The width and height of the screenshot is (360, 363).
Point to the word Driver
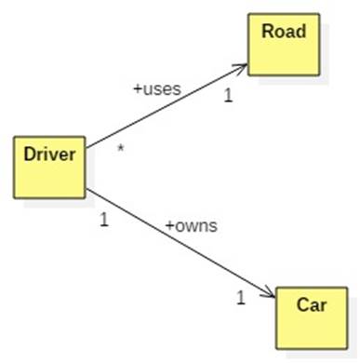[x=48, y=154]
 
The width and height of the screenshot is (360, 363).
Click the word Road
[x=284, y=32]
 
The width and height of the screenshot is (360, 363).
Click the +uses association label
[x=156, y=90]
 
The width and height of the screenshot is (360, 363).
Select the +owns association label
[x=191, y=226]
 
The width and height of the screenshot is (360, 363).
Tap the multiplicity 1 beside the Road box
[x=228, y=94]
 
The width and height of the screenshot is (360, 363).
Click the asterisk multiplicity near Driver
[x=120, y=148]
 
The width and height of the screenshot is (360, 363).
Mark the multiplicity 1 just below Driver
[x=103, y=221]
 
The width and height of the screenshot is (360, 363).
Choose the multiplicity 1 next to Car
[x=240, y=298]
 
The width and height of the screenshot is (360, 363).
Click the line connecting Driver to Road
[x=167, y=106]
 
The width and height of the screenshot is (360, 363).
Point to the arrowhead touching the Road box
[x=242, y=67]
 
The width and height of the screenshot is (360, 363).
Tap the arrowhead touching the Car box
[x=269, y=295]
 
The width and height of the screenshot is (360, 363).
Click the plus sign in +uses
[x=137, y=91]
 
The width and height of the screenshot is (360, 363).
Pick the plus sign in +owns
[x=169, y=227]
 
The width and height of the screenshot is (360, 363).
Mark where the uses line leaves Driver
[x=87, y=146]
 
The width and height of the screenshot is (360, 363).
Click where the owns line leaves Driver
[x=87, y=192]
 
